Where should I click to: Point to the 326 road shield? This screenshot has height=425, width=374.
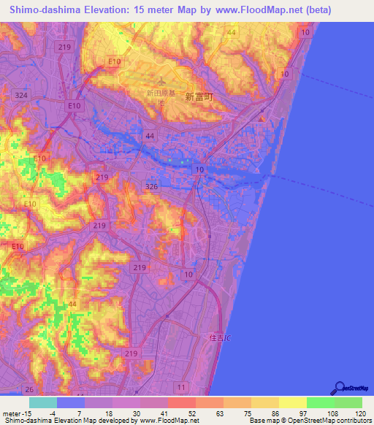(151, 187)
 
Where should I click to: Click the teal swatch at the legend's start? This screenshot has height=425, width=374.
(43, 402)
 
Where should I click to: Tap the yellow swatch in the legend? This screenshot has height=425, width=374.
(293, 402)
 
